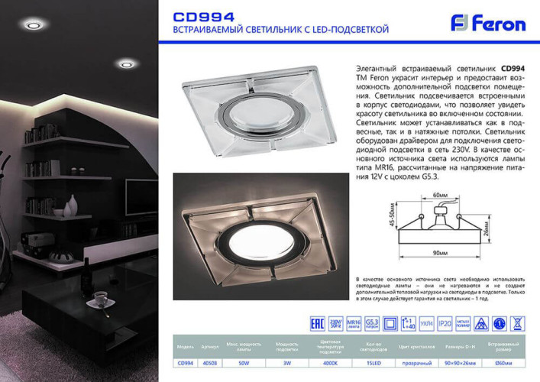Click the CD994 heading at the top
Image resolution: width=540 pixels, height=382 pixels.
click(205, 16)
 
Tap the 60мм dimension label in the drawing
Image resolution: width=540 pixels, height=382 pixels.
click(440, 196)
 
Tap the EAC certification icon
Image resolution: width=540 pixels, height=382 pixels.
click(314, 323)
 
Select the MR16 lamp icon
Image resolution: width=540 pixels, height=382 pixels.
click(354, 323)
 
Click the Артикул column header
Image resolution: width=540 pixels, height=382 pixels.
click(210, 345)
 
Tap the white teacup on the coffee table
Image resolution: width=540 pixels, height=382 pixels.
click(100, 296)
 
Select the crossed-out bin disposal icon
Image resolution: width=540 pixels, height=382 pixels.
click(517, 323)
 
